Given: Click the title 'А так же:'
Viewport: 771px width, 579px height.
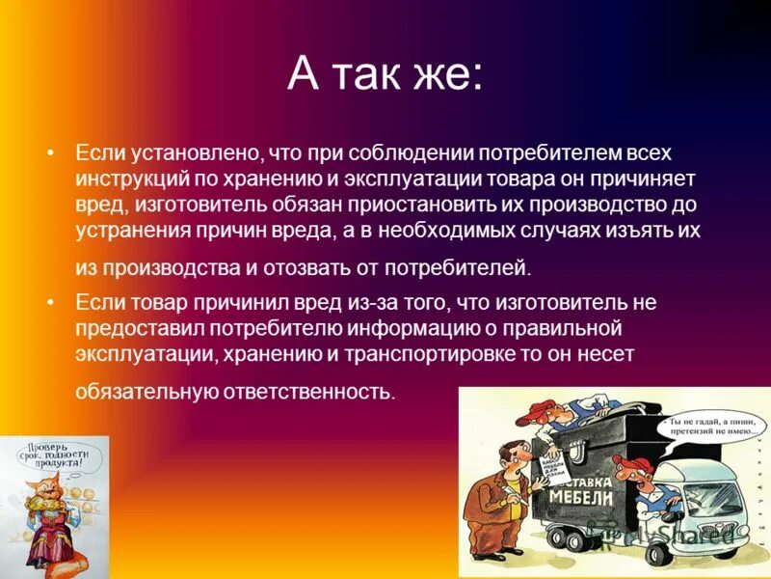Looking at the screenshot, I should [385, 75].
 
